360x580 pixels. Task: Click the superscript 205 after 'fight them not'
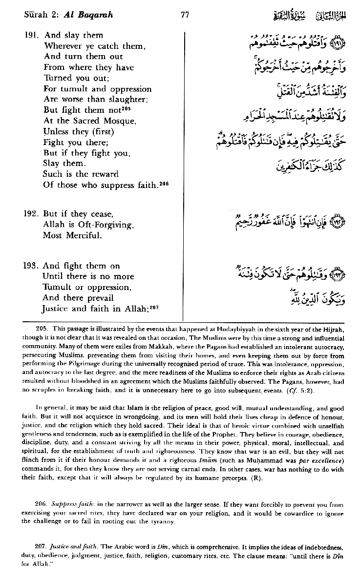click(x=127, y=107)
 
